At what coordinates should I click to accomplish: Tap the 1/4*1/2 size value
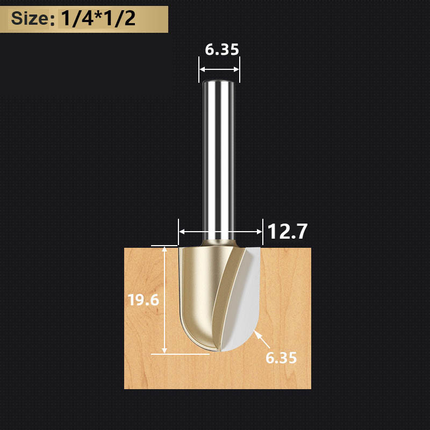point(98,19)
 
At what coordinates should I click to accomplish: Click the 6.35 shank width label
point(222,49)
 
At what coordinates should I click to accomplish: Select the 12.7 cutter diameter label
point(287,232)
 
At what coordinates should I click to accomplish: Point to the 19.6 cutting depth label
point(144,300)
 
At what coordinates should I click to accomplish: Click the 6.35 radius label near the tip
point(281,358)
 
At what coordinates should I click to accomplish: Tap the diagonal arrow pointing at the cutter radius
point(262,339)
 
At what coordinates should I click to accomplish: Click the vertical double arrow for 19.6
point(164,300)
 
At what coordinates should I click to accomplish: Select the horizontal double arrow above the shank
point(219,69)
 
